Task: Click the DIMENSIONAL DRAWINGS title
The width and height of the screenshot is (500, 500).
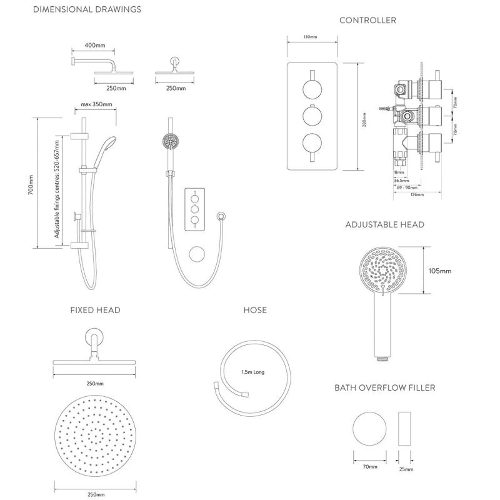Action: pos(86,9)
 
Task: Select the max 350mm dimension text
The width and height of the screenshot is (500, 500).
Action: pos(97,104)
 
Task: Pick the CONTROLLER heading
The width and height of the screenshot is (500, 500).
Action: pos(367,21)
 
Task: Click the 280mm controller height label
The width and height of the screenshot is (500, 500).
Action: pos(364,117)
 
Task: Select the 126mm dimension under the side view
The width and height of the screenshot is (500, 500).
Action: pos(417,195)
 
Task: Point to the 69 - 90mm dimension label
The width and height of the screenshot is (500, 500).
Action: pos(407,187)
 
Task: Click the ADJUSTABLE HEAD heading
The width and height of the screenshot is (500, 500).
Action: pos(384,224)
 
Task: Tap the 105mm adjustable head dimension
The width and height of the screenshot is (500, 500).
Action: pos(441,271)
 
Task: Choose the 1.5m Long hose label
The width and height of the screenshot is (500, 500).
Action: pos(253,372)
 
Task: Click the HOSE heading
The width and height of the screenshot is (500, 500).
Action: pos(255,310)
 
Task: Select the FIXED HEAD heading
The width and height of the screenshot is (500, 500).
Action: pos(95,310)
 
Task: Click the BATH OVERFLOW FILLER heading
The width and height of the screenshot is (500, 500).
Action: pos(384,388)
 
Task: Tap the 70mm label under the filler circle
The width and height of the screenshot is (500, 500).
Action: pos(369,467)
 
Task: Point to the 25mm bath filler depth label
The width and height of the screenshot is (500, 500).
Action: pos(405,469)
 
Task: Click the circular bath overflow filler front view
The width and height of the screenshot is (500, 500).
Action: pos(369,429)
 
